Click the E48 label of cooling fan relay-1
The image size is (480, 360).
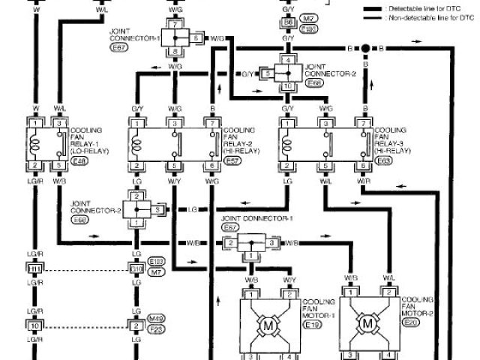(x=77, y=159)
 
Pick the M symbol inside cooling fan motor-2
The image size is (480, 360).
(x=367, y=322)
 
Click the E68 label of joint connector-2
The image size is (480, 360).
(x=313, y=85)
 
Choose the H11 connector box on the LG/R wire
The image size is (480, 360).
(x=34, y=268)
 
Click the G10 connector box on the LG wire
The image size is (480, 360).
(x=136, y=268)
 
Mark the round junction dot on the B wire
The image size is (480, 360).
(x=365, y=49)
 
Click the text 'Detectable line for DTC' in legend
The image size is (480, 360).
(x=418, y=7)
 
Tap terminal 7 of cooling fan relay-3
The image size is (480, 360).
(x=364, y=122)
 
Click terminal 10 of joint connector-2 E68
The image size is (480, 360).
(x=287, y=86)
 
